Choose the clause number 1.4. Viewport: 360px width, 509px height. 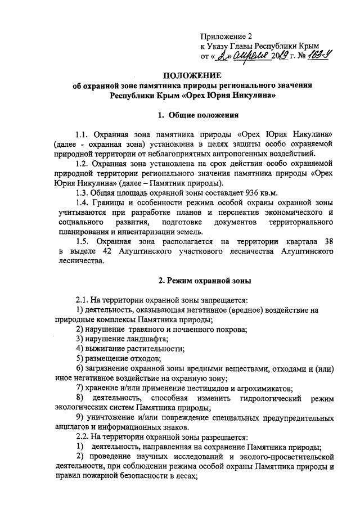coord(83,202)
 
